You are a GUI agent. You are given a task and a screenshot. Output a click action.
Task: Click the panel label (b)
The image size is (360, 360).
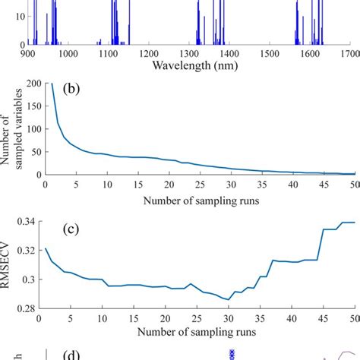[x=84, y=90]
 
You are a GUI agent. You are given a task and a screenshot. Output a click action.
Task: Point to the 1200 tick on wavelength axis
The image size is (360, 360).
[x=149, y=54]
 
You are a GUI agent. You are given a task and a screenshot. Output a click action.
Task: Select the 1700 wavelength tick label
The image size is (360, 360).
[x=349, y=54]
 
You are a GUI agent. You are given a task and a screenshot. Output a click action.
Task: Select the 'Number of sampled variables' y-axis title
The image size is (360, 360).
[x=11, y=129]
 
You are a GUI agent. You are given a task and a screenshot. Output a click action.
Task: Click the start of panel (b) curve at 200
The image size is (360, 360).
[x=52, y=84]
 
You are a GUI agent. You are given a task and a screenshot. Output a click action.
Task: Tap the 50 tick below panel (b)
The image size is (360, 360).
[x=354, y=185]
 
